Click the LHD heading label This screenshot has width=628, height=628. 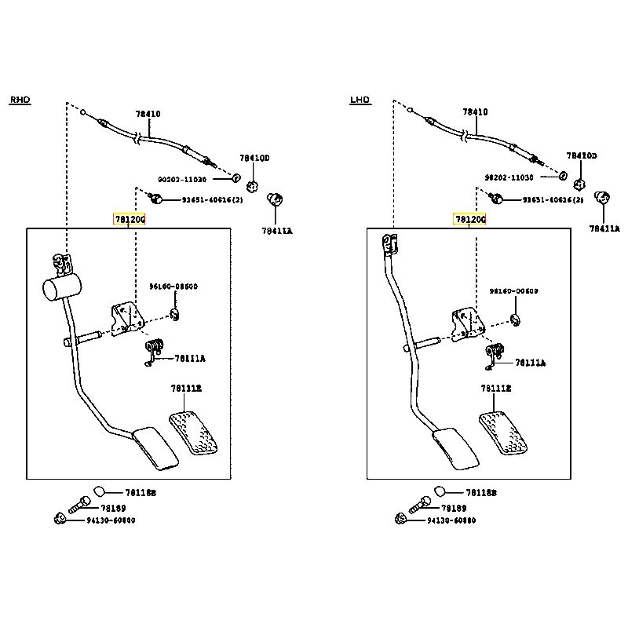pos(360,100)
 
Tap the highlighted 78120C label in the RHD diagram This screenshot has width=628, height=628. pos(130,219)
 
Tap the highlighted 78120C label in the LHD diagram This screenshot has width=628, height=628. pos(469,219)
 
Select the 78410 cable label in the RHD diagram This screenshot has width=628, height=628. pos(148,114)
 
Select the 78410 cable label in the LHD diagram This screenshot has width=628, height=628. pos(475,112)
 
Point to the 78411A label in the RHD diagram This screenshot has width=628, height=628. pos(277,231)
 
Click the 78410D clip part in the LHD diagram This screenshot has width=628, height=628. pos(578,184)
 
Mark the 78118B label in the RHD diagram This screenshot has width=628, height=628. pos(141,493)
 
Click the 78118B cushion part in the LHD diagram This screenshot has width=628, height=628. pos(440,492)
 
